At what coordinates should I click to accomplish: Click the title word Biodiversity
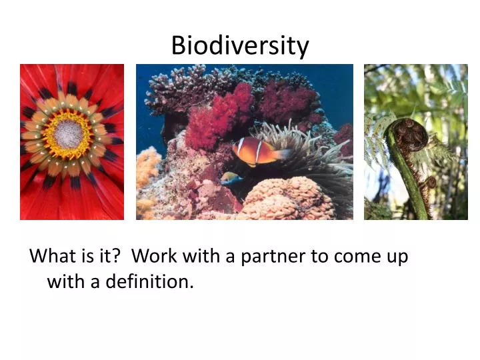[240, 45]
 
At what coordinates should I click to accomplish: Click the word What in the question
[52, 257]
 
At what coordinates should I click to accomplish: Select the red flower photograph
[72, 142]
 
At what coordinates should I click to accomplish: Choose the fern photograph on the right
[415, 142]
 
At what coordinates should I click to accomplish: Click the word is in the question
[87, 257]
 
